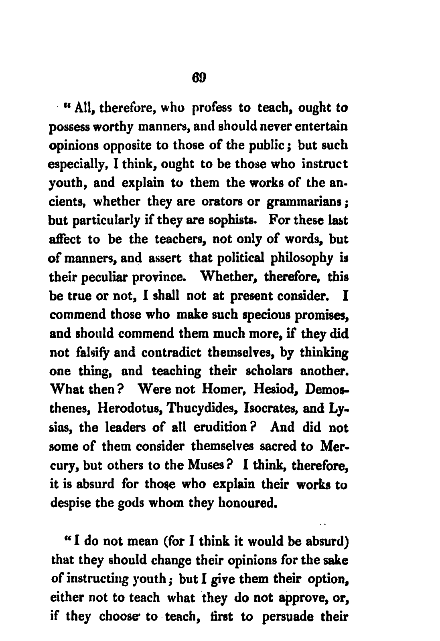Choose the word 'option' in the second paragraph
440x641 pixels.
[x=327, y=579]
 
